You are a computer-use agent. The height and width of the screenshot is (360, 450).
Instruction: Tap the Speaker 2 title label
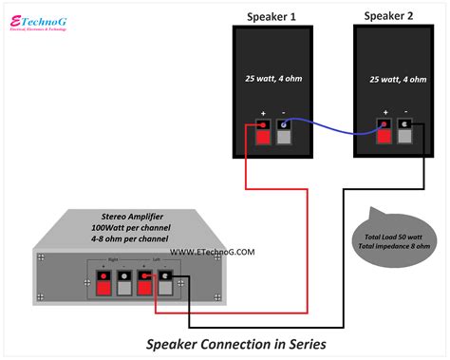point(390,16)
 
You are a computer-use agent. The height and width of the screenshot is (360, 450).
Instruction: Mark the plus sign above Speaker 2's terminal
point(384,111)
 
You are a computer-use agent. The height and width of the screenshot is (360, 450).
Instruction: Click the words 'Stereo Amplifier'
point(105,217)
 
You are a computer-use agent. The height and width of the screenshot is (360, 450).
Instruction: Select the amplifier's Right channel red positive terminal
point(103,283)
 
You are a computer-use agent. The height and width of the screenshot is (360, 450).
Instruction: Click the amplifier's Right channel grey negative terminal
point(123,283)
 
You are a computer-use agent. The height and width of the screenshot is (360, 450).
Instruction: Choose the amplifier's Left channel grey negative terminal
point(166,283)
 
